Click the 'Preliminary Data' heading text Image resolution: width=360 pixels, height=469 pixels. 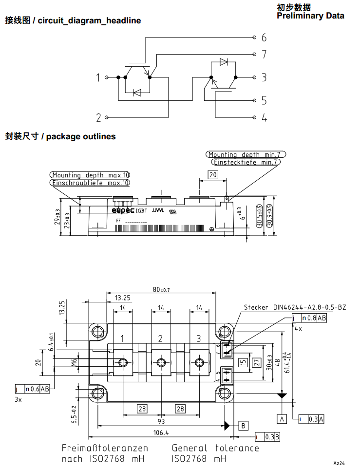[310, 16]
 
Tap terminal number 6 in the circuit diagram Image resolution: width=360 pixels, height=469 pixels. [264, 38]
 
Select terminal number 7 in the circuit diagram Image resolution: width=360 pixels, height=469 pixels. [264, 54]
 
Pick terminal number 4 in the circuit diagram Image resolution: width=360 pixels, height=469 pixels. [264, 117]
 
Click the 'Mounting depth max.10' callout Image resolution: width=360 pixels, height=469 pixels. [91, 175]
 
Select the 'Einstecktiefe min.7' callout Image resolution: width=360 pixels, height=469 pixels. [246, 162]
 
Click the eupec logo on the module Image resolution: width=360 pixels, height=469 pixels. [123, 210]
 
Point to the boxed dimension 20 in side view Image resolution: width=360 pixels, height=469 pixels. [212, 175]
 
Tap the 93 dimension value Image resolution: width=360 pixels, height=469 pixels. [161, 421]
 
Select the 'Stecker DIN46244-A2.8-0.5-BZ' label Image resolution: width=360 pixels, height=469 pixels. [295, 307]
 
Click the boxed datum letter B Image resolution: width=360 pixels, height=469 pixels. [244, 425]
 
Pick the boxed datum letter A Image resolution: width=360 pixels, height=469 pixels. [282, 418]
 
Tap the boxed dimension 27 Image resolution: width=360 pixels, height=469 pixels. [256, 362]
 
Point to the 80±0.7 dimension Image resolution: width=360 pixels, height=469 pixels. [161, 290]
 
